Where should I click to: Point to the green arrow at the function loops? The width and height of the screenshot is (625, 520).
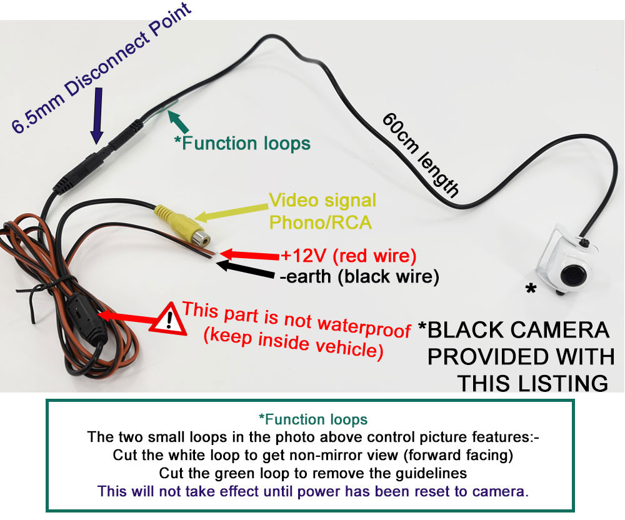(x=178, y=120)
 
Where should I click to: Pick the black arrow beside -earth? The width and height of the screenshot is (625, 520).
(x=245, y=269)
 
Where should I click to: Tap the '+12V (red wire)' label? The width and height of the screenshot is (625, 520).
(x=349, y=256)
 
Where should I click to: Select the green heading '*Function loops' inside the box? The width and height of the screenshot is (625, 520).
(x=313, y=419)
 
